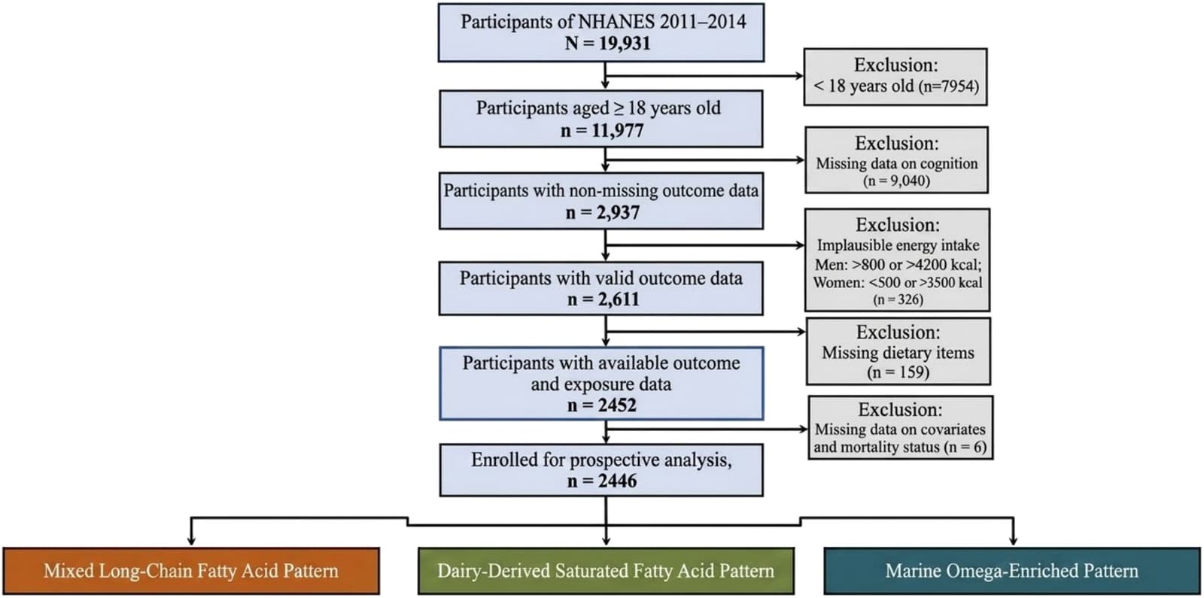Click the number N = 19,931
click(x=607, y=43)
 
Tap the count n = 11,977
click(x=602, y=130)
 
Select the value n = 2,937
click(x=603, y=213)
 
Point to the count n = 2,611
click(x=603, y=299)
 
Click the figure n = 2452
click(x=602, y=405)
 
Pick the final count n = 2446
click(x=602, y=481)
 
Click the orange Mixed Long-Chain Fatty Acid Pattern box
click(x=191, y=571)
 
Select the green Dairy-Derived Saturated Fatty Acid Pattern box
click(x=607, y=571)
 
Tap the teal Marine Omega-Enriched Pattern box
click(x=1012, y=571)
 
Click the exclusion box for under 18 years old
click(x=895, y=77)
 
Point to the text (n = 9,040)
click(x=896, y=181)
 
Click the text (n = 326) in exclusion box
click(x=898, y=299)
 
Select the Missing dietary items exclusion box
click(x=898, y=351)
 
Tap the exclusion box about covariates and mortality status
click(x=900, y=428)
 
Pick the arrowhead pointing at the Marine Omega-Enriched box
click(x=1013, y=540)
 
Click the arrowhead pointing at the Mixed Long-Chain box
click(x=191, y=540)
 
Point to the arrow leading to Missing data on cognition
click(x=705, y=160)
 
